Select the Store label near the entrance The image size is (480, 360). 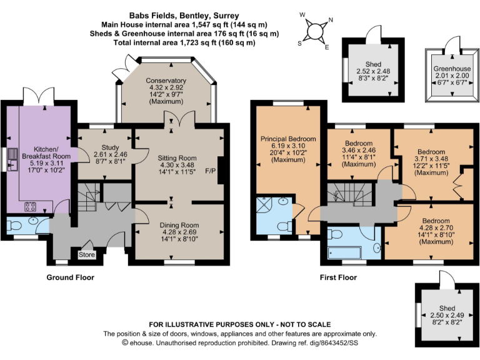[87, 254]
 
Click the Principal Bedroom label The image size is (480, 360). [288, 138]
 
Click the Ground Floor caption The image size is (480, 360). [71, 277]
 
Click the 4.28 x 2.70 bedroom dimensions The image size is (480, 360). [435, 229]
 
